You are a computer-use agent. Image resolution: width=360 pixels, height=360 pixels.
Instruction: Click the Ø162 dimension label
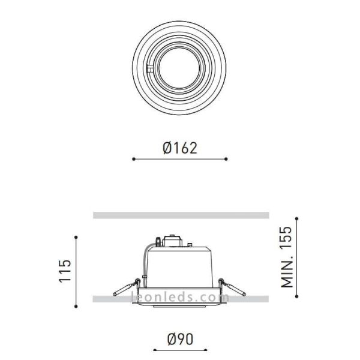180,147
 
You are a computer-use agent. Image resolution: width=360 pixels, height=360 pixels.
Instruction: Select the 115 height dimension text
65,271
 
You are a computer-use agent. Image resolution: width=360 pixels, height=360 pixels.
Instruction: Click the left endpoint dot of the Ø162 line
133,159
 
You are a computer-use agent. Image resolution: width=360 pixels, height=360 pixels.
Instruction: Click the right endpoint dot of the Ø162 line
226,159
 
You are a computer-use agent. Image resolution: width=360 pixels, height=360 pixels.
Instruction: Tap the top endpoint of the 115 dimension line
76,238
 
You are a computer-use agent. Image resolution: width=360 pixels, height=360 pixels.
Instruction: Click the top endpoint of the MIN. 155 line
296,216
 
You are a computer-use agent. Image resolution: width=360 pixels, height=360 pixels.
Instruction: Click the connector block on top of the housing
172,240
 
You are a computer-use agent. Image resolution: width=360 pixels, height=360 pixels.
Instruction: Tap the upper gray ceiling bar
180,215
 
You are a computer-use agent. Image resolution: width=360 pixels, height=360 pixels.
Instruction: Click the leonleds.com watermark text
180,297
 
